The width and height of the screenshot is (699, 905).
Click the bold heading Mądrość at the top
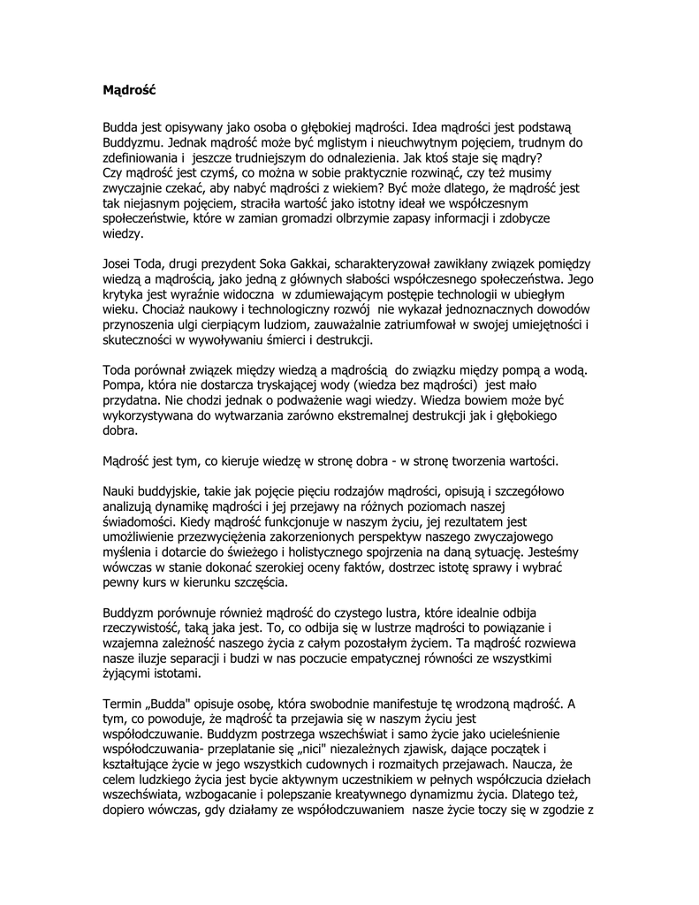pos(129,89)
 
